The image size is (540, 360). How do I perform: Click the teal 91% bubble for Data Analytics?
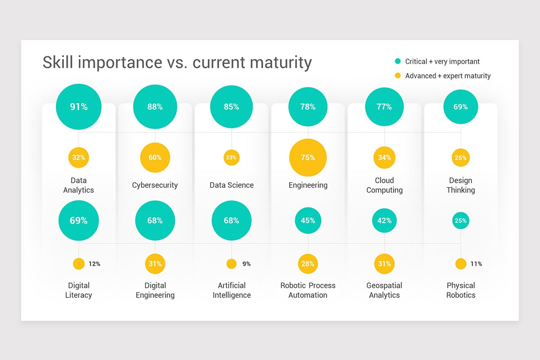click(79, 107)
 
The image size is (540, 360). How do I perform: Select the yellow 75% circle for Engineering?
click(308, 157)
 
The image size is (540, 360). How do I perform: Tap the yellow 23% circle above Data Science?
click(231, 157)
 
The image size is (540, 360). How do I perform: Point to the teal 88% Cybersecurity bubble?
click(155, 107)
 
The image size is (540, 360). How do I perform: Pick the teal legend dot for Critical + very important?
click(398, 62)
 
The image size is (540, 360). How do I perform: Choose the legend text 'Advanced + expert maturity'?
click(448, 76)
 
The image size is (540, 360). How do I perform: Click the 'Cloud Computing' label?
click(384, 185)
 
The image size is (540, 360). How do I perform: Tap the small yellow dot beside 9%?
click(231, 264)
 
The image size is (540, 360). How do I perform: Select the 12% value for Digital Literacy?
click(94, 264)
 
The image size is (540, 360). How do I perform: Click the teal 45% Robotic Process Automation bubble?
click(308, 220)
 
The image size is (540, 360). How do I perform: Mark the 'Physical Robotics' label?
click(461, 290)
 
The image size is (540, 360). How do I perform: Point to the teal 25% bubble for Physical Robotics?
click(461, 220)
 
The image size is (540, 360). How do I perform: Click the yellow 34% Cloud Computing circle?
click(384, 157)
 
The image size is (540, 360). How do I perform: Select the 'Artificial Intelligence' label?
click(231, 290)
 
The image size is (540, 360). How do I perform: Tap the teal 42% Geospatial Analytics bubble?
click(384, 220)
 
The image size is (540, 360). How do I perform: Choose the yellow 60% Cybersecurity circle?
click(155, 157)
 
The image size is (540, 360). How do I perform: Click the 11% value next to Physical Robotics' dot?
click(476, 264)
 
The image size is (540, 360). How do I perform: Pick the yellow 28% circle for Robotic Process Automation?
click(308, 264)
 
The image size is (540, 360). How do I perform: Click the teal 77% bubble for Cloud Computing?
click(384, 107)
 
